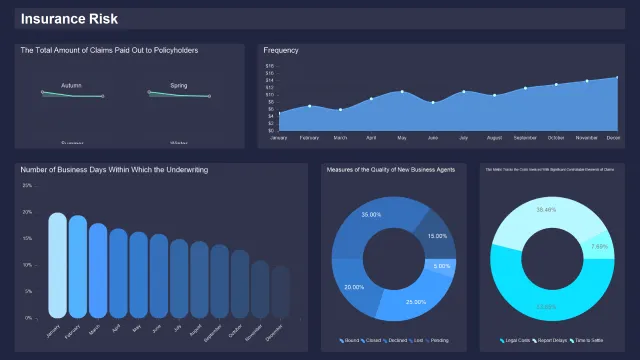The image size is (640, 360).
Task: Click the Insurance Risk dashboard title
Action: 69,19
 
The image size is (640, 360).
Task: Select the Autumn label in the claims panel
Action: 71,85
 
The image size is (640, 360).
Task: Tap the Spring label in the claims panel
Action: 179,85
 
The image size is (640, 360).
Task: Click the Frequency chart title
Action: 281,50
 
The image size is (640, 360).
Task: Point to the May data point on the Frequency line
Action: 402,92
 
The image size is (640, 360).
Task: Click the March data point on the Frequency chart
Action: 340,109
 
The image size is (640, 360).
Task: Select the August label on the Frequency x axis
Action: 494,137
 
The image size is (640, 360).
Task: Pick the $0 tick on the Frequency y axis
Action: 270,130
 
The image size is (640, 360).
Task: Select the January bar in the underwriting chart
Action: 58,265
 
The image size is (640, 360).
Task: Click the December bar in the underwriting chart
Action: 280,292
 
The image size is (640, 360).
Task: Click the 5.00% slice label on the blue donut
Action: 441,266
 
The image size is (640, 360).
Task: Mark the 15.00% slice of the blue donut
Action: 437,236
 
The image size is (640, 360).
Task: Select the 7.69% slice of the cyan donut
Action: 599,246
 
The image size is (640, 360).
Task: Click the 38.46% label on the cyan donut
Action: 546,210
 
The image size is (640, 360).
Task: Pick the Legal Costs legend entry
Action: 516,341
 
